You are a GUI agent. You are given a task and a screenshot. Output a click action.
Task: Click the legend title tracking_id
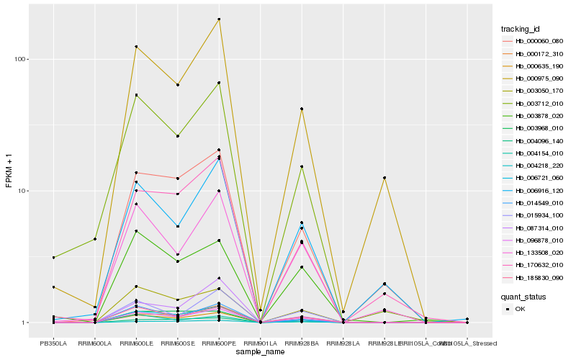(521, 29)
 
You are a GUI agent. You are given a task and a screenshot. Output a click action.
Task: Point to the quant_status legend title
(523, 296)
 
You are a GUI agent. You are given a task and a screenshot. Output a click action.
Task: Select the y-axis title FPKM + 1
(9, 171)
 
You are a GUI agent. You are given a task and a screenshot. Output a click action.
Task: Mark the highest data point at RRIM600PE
(219, 19)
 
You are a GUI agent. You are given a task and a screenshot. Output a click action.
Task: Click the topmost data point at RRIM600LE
(136, 47)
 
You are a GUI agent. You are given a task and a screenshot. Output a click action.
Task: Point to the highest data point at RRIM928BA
(302, 109)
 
